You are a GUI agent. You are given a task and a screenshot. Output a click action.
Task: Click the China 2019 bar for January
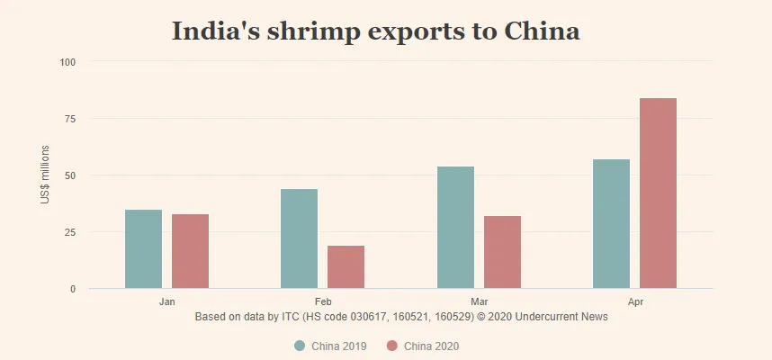[x=144, y=249]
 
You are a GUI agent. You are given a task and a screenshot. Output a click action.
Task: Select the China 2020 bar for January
[x=191, y=251]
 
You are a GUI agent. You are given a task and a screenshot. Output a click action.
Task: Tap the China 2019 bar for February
[x=300, y=238]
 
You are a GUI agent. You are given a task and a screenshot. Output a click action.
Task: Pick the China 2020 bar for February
[x=346, y=267]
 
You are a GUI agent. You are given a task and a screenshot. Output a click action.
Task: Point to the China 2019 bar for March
[x=455, y=228]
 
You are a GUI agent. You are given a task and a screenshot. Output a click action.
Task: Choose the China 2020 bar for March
[x=502, y=252]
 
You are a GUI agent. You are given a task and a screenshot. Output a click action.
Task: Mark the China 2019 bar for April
[x=612, y=224]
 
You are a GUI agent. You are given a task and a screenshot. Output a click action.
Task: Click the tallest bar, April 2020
[x=658, y=193]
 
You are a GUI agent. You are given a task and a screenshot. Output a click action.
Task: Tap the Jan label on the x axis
[x=167, y=301]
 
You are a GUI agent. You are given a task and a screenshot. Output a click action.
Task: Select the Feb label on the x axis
[x=323, y=301]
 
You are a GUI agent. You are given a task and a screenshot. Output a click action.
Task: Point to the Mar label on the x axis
[x=480, y=301]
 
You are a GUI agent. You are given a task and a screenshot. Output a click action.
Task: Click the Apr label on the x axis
[x=635, y=301]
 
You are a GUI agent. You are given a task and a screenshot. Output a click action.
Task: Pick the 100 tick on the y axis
[x=68, y=62]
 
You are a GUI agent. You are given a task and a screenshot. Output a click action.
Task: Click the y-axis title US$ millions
[x=45, y=174]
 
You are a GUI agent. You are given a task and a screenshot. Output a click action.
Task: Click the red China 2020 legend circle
[x=391, y=346]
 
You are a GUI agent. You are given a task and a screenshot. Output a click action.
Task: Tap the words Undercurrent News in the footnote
[x=563, y=317]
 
